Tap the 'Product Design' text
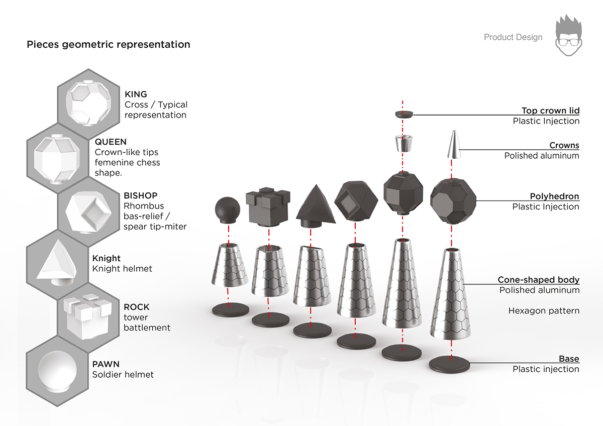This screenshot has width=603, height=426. (x=513, y=37)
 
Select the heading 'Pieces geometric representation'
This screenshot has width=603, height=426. (x=108, y=45)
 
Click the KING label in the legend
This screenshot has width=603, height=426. (x=136, y=94)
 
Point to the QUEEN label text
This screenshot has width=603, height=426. (x=111, y=142)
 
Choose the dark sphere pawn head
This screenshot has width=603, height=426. (x=228, y=208)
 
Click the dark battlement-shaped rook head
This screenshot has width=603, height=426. (x=268, y=206)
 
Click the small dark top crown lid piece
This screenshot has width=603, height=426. (x=403, y=114)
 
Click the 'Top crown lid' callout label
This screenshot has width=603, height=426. (x=550, y=111)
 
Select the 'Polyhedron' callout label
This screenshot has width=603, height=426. (x=554, y=196)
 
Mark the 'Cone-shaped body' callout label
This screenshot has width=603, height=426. (x=538, y=280)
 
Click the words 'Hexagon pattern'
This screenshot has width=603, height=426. (x=544, y=310)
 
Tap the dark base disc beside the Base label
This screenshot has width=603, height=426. (x=450, y=364)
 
